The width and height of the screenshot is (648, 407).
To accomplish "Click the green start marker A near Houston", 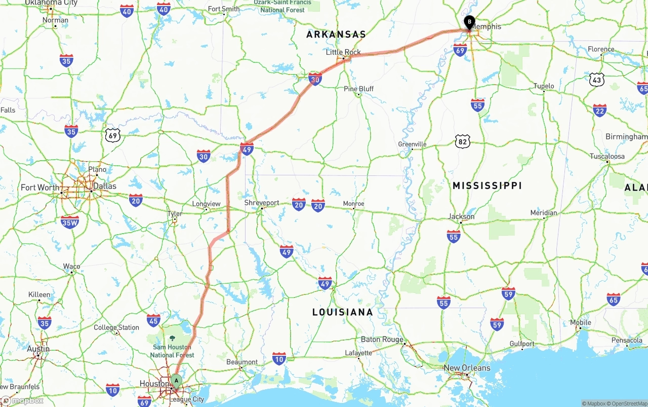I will pos(176,380).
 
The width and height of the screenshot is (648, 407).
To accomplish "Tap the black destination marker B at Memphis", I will pos(469,22).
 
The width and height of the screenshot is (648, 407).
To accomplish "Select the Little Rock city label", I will pos(343,52).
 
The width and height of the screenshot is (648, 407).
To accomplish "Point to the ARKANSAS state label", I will pos(336,34).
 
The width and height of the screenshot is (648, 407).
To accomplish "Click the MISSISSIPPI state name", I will pos(487,186).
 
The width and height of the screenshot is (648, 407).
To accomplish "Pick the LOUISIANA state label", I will pos(343,312).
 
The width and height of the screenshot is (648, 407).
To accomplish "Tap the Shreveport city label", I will pos(262,203).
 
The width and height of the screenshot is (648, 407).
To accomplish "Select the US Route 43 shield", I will pos(597,79).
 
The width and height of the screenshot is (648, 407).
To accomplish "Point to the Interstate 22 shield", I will pos(600,110).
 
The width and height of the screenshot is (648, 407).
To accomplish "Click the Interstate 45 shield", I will pos(153,320).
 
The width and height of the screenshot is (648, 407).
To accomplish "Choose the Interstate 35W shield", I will pos(70,221).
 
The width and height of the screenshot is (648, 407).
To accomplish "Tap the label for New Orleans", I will pos(467,368).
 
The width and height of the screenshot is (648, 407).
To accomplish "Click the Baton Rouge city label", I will pos(382,340).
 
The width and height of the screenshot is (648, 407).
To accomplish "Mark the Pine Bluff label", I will pos(358,89).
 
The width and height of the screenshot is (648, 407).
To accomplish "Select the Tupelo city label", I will pos(544,86).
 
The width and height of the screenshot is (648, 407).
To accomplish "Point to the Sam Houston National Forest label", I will pos(173,351).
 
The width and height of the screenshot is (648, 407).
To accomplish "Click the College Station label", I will pos(116,327).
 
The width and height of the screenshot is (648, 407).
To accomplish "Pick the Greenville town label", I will pos(412,144).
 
